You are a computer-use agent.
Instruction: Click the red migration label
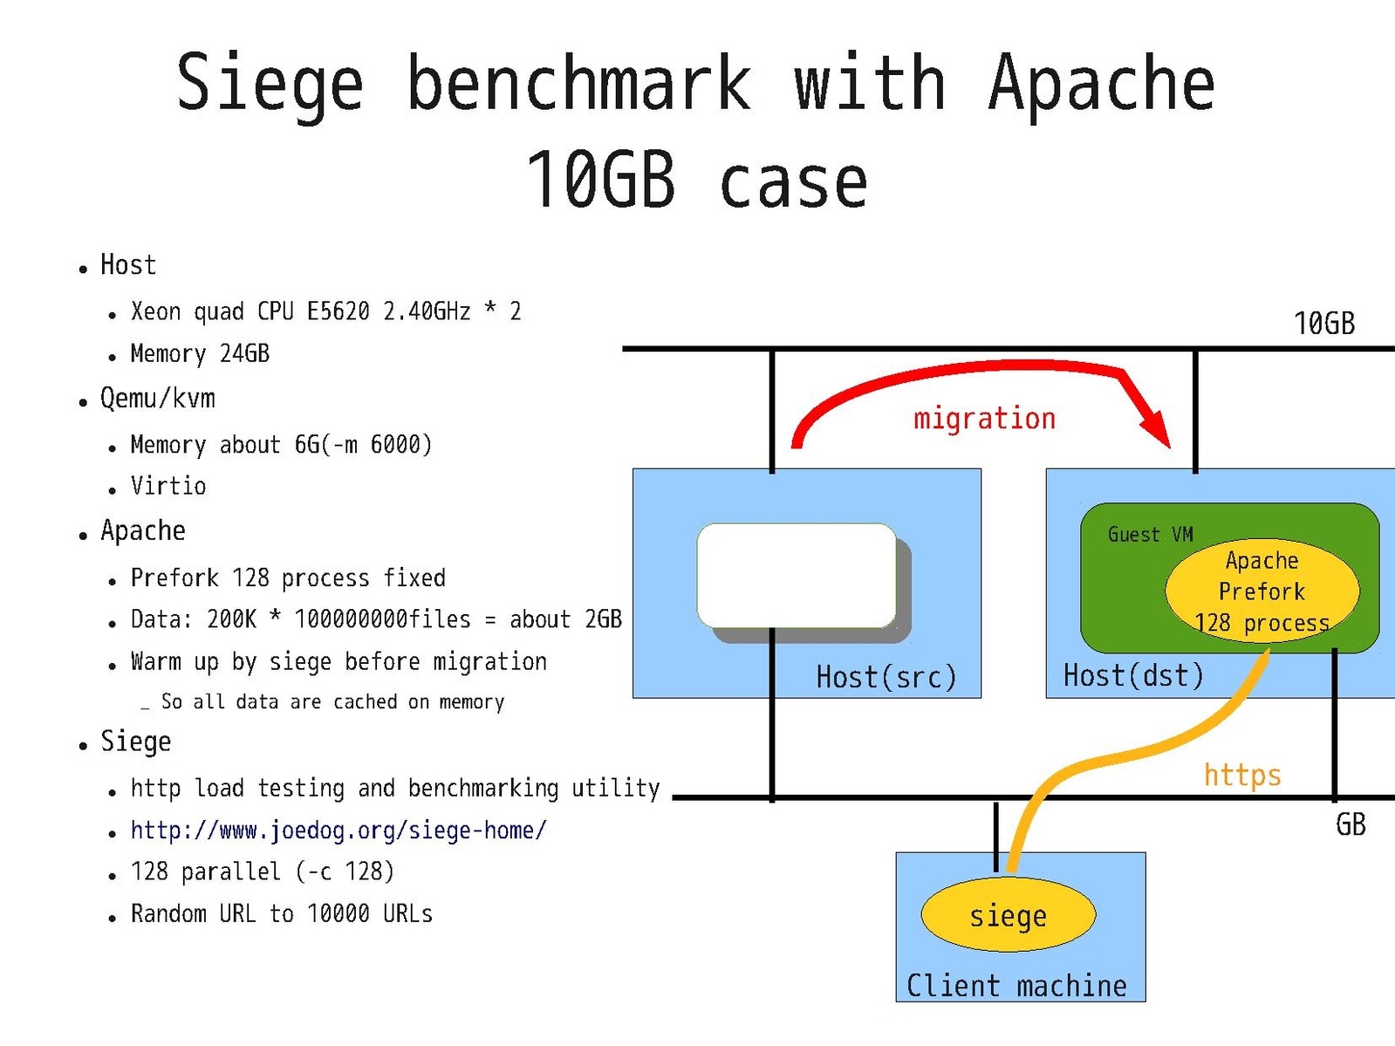[984, 419]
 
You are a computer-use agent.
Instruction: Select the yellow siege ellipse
[1008, 915]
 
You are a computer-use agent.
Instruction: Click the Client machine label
[1016, 986]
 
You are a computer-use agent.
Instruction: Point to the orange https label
[1242, 775]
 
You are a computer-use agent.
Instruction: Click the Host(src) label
[886, 677]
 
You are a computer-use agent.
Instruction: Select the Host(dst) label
[1133, 675]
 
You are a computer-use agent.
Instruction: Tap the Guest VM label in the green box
[1150, 534]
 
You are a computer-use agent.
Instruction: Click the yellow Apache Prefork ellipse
[1262, 591]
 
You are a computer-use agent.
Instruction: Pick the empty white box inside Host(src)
[797, 575]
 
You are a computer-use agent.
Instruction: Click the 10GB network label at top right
[1323, 324]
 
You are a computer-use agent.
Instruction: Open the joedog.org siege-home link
[338, 831]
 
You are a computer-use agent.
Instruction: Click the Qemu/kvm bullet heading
[158, 399]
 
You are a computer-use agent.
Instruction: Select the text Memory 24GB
[200, 353]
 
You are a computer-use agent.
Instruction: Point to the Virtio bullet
[168, 486]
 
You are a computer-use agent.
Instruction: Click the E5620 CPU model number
[338, 311]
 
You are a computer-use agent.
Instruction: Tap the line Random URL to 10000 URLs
[281, 913]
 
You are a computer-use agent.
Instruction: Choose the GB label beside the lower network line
[1351, 824]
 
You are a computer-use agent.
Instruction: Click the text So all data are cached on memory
[332, 702]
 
